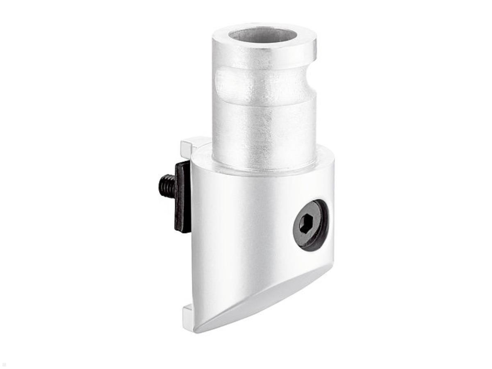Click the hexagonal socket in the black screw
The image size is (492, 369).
[x=306, y=224]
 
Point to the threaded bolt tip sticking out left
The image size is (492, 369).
[x=166, y=185]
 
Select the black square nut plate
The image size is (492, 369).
[x=182, y=196]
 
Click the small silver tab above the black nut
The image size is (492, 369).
[x=191, y=144]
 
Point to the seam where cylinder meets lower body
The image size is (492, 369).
[x=262, y=169]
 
